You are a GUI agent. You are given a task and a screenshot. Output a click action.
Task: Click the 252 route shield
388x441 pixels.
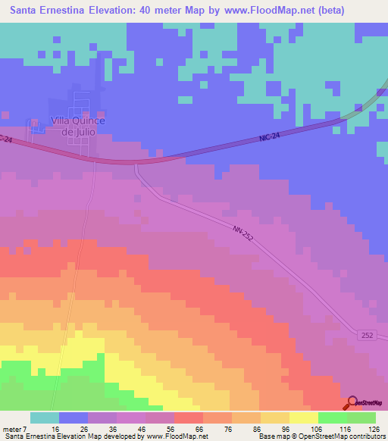[x=368, y=336]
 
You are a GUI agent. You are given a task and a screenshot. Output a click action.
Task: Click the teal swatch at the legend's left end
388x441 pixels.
[x=44, y=418]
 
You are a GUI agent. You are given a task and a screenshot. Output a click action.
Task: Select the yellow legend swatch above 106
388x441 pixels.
[x=303, y=418]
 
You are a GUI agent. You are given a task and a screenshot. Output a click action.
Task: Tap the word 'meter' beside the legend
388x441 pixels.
[x=11, y=429]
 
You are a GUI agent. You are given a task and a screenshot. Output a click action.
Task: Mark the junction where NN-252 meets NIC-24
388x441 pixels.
[x=136, y=162]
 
